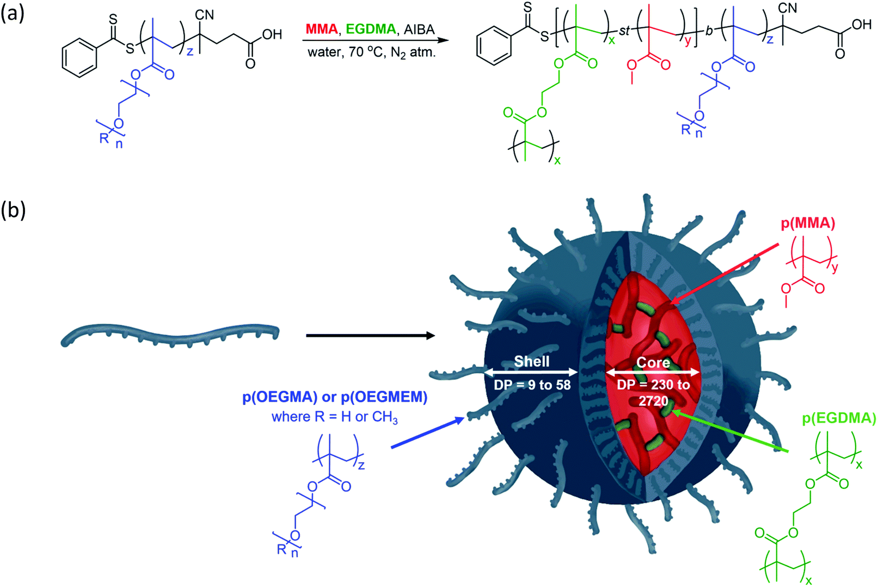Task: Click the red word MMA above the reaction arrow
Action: pos(321,29)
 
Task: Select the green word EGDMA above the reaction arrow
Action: pos(371,29)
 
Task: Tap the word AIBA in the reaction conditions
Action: pos(419,29)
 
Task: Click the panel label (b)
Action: pos(13,209)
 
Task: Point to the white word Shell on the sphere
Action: pos(531,361)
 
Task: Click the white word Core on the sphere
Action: pos(653,362)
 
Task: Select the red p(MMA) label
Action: pos(808,223)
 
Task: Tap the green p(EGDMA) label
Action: pos(839,418)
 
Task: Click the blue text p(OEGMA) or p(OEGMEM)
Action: pos(335,397)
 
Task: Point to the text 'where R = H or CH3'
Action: pos(335,417)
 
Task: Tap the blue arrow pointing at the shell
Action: pos(427,433)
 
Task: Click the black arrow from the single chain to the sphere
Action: pos(370,336)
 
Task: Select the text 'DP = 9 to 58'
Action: pos(532,385)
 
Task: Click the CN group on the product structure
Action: pos(787,9)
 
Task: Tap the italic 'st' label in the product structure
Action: pos(624,32)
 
